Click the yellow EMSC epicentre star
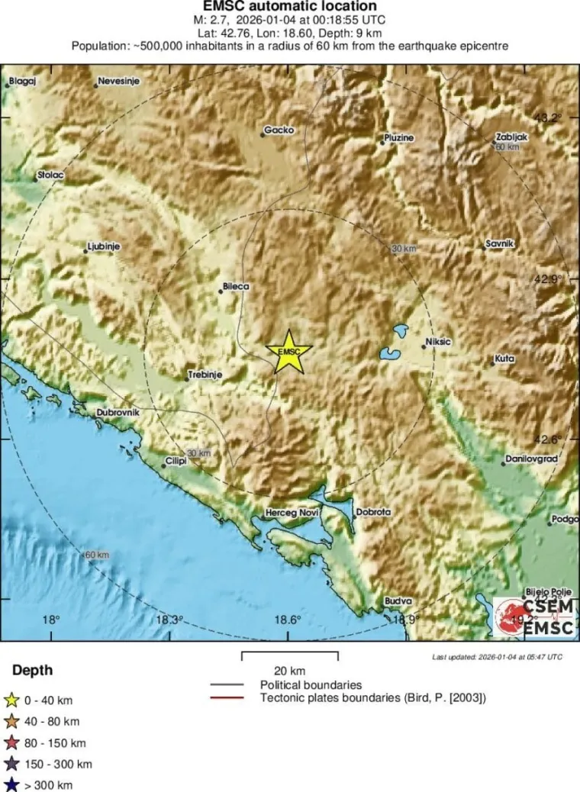coord(288,351)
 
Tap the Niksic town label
coord(438,343)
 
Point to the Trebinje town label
coord(205,375)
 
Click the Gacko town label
coord(279,130)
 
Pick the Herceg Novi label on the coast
coord(290,513)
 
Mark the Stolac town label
coord(50,175)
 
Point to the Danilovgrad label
coord(531,459)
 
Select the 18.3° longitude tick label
coord(169,620)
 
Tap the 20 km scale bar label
coord(290,671)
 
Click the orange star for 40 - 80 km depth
coord(11,721)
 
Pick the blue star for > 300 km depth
coord(11,784)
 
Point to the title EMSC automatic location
coord(289,7)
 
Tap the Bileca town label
coord(235,287)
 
